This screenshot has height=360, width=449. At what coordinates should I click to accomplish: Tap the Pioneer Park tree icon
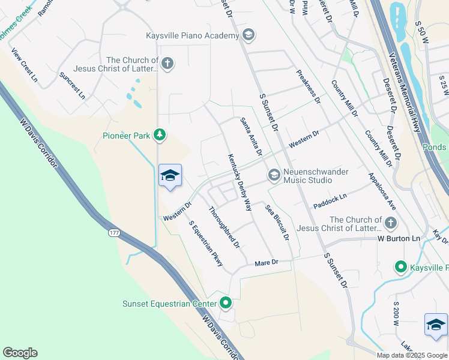pos(160,136)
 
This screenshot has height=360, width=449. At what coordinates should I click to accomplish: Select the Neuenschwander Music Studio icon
pos(274,175)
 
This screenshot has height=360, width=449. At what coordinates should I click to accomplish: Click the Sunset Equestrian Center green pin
pos(226,303)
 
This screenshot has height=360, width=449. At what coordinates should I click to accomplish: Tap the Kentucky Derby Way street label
pos(239,182)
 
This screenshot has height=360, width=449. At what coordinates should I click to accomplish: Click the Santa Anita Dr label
pos(252,137)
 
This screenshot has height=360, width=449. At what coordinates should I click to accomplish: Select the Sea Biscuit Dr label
pos(277,222)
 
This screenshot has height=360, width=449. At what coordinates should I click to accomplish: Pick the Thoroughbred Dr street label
pos(224,227)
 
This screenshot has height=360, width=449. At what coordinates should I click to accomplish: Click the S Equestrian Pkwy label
pos(206,244)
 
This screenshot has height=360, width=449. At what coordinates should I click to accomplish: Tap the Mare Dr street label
pos(267,262)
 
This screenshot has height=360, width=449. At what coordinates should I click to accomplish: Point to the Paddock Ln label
pos(330,201)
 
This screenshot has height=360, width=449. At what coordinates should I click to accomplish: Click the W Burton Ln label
pos(399,238)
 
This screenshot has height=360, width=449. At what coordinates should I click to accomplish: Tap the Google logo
pos(20,352)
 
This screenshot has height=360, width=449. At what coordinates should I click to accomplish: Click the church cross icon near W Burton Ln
pos(390,224)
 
